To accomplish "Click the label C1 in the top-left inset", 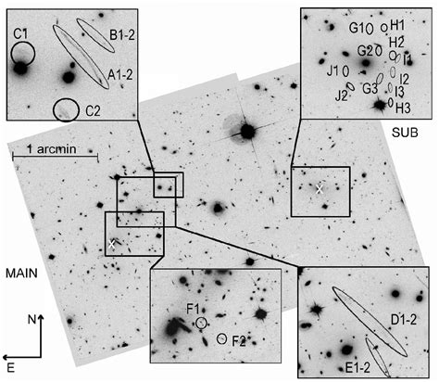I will pyautogui.click(x=20, y=34).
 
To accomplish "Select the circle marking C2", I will pyautogui.click(x=66, y=110).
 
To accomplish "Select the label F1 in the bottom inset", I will pyautogui.click(x=193, y=308).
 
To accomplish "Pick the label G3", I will pyautogui.click(x=370, y=88).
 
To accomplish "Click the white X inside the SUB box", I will pyautogui.click(x=320, y=189).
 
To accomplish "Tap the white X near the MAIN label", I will pyautogui.click(x=112, y=244).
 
